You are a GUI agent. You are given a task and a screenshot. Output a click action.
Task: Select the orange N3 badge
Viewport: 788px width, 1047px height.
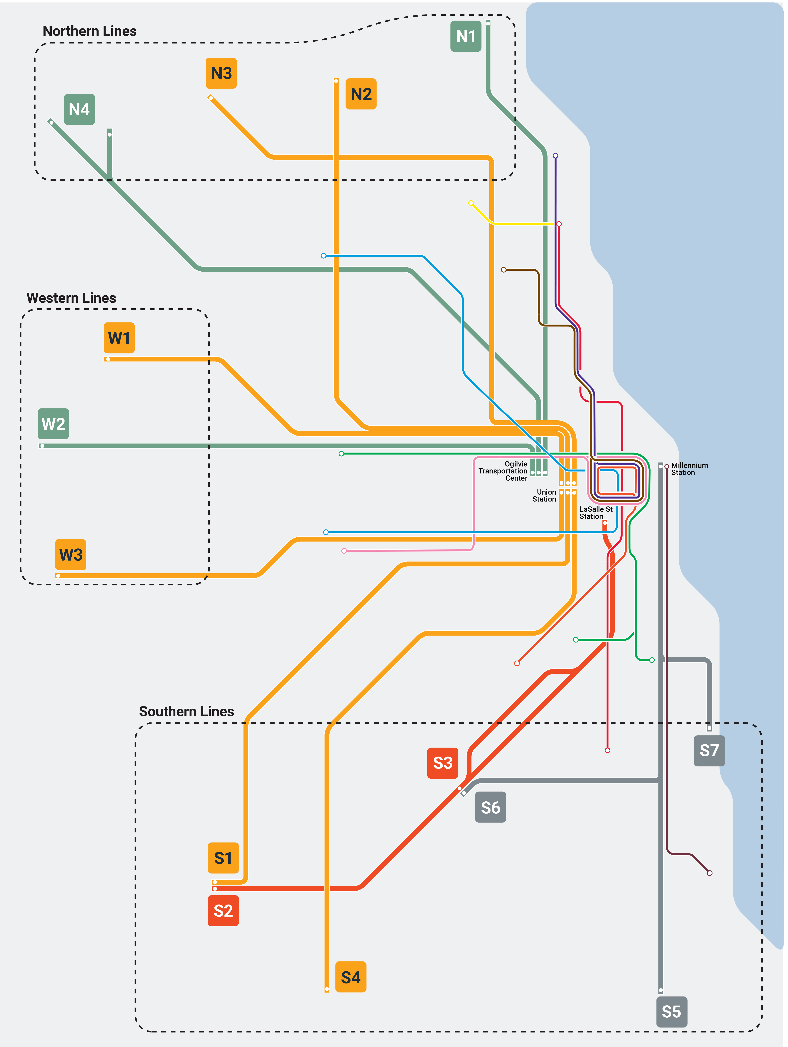tap(221, 73)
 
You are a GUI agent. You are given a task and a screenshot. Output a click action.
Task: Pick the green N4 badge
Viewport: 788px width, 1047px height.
tap(79, 109)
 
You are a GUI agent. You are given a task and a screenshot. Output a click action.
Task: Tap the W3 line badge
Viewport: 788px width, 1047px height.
tap(70, 554)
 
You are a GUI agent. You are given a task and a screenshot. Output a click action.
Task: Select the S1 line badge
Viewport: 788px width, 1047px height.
tap(223, 858)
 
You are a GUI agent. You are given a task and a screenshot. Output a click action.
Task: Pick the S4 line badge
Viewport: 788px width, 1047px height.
tap(351, 977)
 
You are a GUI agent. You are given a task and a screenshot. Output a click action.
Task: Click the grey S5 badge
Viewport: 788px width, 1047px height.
tap(671, 1012)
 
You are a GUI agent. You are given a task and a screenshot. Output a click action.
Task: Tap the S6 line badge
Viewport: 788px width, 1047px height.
tap(490, 807)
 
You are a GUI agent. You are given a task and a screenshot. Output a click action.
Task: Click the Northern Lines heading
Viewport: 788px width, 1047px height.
tap(90, 31)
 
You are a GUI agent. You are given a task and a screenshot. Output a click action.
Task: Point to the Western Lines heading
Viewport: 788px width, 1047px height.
tap(71, 298)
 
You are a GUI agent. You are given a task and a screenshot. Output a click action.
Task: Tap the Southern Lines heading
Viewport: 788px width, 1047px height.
tap(186, 711)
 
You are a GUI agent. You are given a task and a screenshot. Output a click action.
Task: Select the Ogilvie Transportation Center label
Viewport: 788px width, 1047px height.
tap(503, 471)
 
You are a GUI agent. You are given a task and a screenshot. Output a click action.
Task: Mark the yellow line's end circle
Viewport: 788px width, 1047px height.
tap(471, 203)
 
